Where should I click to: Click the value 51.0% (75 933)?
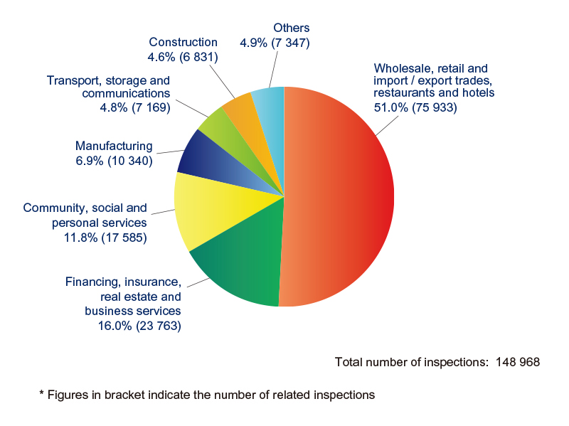tap(415, 107)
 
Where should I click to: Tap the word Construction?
tap(183, 43)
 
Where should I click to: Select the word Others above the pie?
tap(292, 28)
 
